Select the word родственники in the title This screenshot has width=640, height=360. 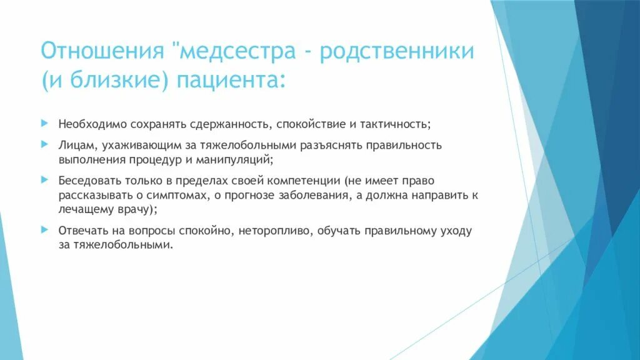tap(397, 52)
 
